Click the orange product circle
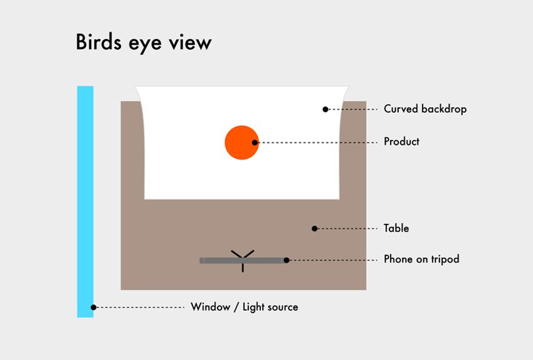(240, 142)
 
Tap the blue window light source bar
(85, 201)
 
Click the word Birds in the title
(101, 43)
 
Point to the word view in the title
(193, 43)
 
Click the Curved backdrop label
(425, 109)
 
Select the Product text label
(401, 142)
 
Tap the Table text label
(396, 228)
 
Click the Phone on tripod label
(421, 259)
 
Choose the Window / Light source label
(245, 307)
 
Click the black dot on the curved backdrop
(325, 109)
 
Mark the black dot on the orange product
(255, 142)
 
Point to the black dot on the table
(315, 228)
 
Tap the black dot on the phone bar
(286, 260)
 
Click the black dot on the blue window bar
(93, 307)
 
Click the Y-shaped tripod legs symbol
(243, 255)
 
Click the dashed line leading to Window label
(141, 307)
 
